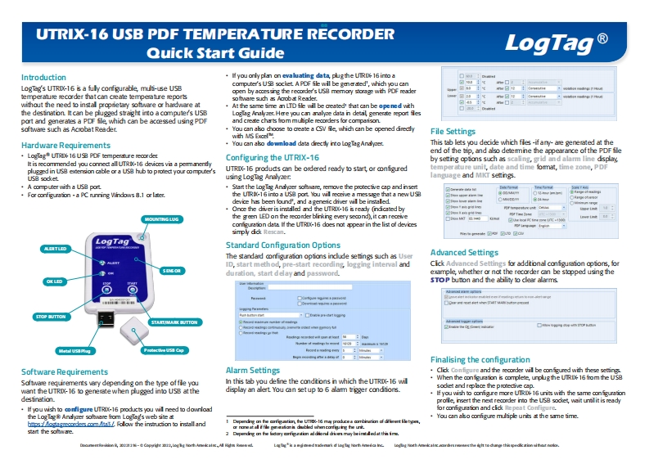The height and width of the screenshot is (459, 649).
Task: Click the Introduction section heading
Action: coord(43,78)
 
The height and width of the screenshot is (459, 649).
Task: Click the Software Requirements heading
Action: coord(64,371)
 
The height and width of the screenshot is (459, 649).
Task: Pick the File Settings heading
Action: coord(453,131)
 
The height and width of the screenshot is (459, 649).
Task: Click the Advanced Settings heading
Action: coord(465,230)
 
